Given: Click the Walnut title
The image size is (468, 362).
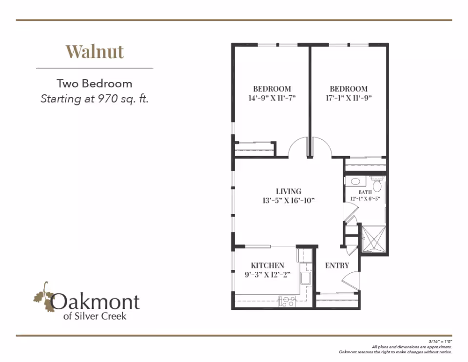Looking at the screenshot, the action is [95, 52].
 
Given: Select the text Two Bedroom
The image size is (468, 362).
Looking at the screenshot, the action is [94, 83].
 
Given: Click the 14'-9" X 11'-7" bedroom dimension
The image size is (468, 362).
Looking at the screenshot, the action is [272, 98].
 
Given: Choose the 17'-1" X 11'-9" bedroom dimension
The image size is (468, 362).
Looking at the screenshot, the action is [349, 98].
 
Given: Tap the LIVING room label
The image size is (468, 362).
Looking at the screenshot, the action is [288, 191].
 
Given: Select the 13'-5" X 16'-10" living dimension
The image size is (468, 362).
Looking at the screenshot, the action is [288, 201].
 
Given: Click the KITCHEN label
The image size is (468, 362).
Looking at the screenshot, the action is [268, 265].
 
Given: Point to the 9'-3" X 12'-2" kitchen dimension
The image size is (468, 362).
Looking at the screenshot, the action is [268, 275].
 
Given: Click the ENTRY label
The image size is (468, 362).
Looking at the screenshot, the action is [337, 265].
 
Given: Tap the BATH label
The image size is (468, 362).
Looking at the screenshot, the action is [365, 192].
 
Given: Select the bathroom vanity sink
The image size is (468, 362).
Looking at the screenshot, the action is [355, 181].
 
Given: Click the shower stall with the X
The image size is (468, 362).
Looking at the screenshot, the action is [373, 239].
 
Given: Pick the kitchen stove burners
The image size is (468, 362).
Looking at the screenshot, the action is [287, 302].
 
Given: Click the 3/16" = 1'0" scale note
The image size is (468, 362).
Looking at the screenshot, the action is [441, 341].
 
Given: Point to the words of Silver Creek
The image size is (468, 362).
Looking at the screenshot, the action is [95, 316].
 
